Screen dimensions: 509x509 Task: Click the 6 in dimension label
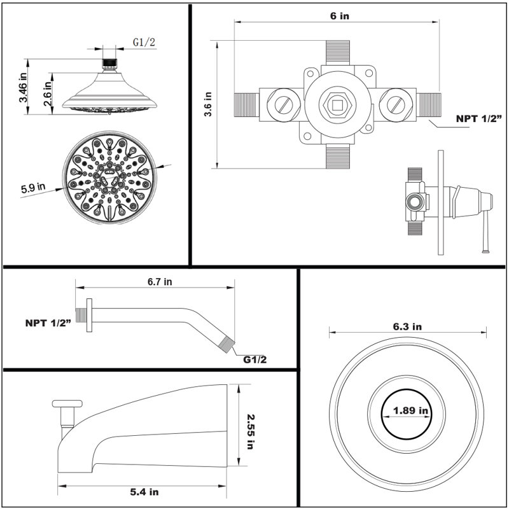click(x=340, y=15)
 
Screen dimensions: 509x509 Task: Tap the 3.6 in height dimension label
click(x=208, y=104)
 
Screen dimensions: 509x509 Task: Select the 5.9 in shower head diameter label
click(x=33, y=188)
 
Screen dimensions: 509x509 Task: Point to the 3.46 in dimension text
click(x=24, y=88)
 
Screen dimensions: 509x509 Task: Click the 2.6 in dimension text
click(x=47, y=94)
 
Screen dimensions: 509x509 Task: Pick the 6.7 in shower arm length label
click(x=160, y=281)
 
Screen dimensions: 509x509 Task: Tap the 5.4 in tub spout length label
click(x=144, y=492)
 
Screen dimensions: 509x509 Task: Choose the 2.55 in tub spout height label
click(x=250, y=432)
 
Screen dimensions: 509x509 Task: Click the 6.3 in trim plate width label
click(x=407, y=326)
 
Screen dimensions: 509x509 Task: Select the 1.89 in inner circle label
click(x=410, y=410)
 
